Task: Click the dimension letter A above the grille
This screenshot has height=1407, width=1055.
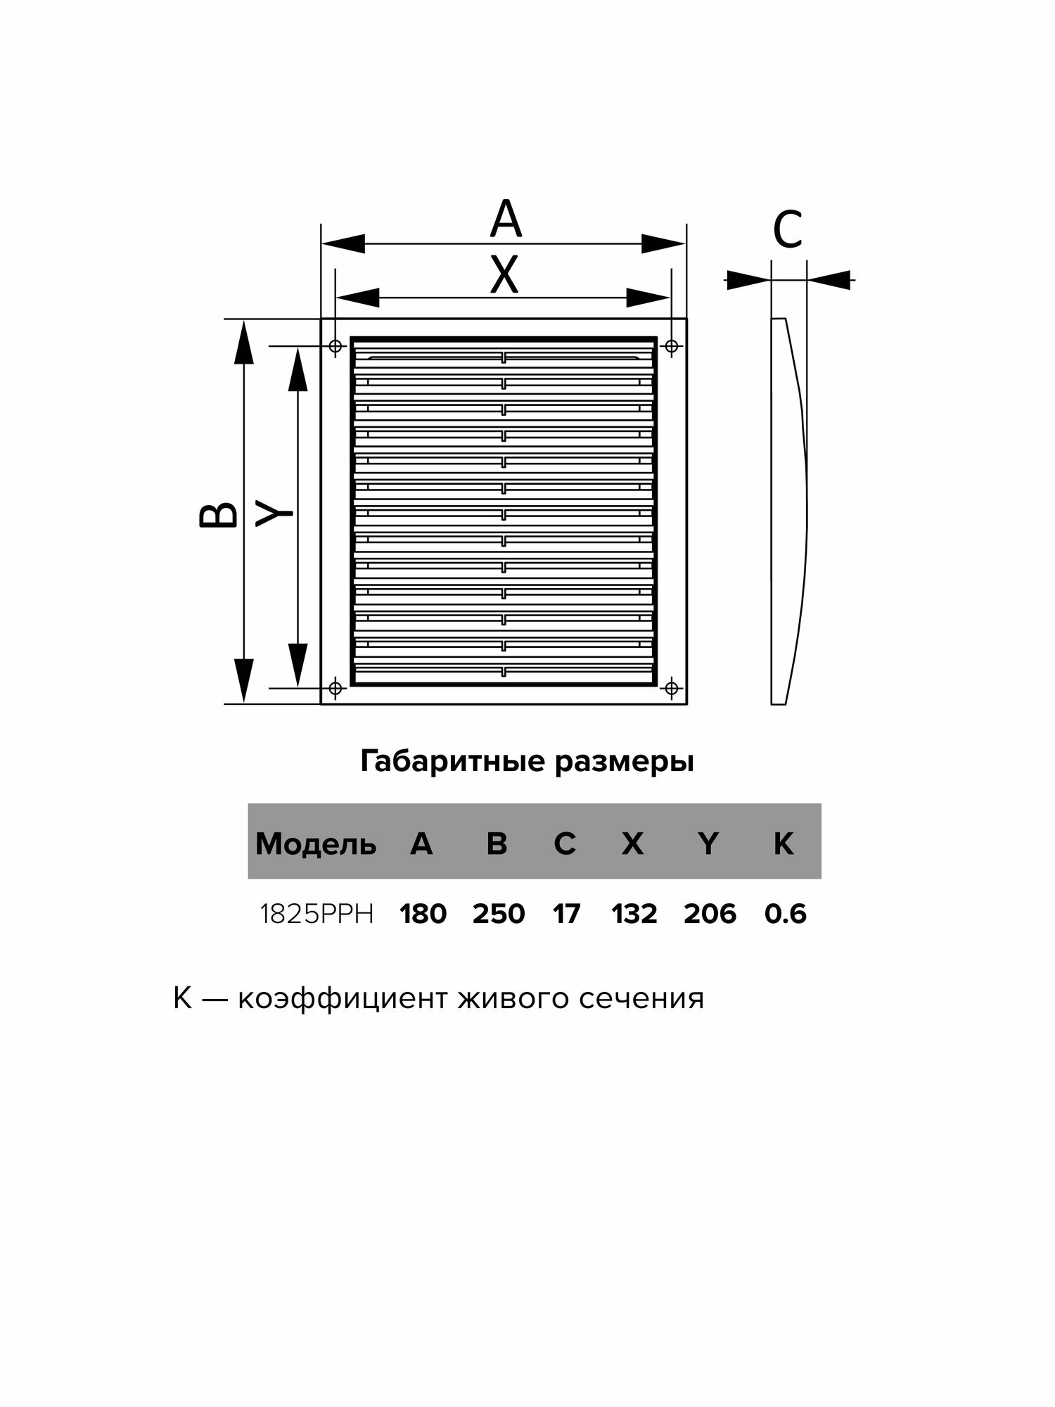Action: tap(506, 219)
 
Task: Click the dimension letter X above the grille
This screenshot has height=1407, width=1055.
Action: tap(504, 275)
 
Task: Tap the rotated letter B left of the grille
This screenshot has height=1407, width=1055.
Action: tap(219, 514)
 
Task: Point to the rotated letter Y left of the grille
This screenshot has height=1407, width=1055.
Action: tap(274, 514)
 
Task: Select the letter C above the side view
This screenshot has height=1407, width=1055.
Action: tap(788, 230)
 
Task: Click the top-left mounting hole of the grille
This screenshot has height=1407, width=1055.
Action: tap(335, 346)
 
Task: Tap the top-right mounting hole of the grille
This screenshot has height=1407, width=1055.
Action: tap(672, 346)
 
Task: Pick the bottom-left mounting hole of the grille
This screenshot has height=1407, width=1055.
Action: tap(335, 687)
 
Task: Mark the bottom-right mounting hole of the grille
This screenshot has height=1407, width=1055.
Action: tap(672, 687)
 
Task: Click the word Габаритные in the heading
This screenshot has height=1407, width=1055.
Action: tap(454, 762)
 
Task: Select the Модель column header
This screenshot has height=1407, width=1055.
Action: tap(316, 843)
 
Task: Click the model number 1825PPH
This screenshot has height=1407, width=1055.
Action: tap(316, 915)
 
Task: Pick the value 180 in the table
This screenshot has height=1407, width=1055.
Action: tap(423, 915)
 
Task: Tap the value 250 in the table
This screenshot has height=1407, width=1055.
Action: tap(499, 915)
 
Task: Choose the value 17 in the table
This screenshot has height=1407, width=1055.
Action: tap(566, 915)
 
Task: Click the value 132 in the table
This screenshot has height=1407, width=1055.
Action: tap(634, 915)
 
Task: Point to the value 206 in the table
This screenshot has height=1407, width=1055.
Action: tap(710, 915)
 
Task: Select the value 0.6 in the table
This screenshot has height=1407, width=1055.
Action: tap(785, 915)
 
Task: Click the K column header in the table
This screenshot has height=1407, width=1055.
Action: tap(784, 843)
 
